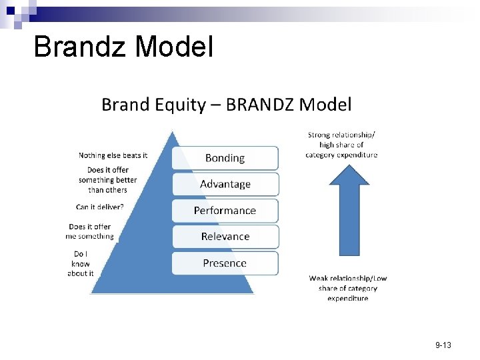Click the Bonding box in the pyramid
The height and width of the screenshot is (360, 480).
(225, 158)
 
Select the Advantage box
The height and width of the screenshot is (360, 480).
(225, 184)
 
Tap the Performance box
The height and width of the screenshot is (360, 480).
(225, 210)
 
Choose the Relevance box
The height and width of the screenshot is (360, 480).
(225, 237)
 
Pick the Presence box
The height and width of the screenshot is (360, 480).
(225, 263)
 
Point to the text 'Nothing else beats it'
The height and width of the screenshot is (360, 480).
(113, 155)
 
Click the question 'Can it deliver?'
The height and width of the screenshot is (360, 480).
(100, 207)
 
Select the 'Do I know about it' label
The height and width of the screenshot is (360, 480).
(81, 263)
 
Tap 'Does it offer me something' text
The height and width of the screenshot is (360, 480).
(90, 231)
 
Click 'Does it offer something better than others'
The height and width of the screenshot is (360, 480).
(107, 180)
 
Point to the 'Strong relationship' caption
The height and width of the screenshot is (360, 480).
(341, 145)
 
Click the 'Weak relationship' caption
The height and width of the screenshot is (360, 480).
(347, 288)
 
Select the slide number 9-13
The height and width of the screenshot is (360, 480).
(443, 345)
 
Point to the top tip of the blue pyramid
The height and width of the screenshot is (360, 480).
(173, 133)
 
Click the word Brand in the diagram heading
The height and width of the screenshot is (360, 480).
(125, 104)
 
